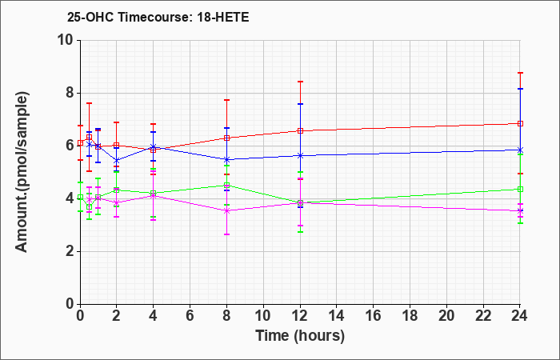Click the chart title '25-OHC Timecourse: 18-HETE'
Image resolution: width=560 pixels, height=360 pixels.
(158, 17)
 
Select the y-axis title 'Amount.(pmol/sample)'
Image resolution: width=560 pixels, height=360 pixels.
(22, 172)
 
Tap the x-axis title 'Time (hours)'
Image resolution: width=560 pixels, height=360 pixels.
(300, 336)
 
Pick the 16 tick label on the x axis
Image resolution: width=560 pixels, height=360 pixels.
(374, 315)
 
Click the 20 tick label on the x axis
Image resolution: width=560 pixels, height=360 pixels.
(446, 315)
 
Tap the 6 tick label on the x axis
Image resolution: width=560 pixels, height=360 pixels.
(190, 315)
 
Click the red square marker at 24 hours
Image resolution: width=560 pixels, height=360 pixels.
(520, 123)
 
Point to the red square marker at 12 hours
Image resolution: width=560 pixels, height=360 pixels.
(300, 130)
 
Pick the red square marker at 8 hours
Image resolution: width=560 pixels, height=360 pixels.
(226, 138)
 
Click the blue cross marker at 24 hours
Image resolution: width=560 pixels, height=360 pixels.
(520, 150)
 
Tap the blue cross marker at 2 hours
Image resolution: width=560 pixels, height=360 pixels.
(117, 160)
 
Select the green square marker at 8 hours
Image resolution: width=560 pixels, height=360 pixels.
(226, 185)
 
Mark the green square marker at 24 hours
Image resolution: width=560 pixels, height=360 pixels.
(520, 189)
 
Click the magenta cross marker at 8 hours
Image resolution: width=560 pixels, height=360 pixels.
(226, 210)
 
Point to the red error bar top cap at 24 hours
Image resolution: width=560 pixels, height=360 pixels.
(520, 73)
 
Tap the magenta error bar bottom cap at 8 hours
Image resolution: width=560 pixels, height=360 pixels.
(226, 234)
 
